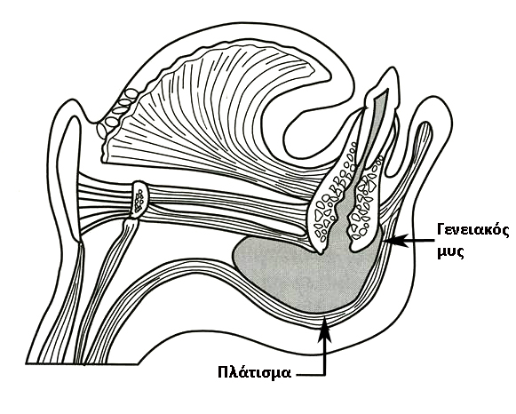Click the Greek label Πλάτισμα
pos(255,373)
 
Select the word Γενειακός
pos(473,230)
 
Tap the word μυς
pos(450,252)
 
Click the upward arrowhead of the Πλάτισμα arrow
pos(325,328)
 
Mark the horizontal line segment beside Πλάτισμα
pos(310,375)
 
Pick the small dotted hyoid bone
pos(140,198)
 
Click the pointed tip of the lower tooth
pos(392,71)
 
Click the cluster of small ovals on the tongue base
pos(117,112)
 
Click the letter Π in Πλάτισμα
pos(224,372)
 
